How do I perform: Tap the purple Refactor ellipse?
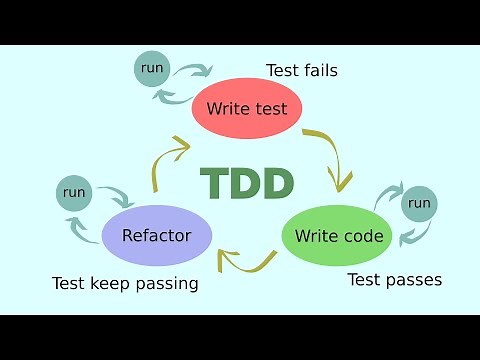click(x=158, y=237)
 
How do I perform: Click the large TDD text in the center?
click(x=247, y=183)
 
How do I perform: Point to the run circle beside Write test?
click(x=153, y=68)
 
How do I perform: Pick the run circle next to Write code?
click(x=420, y=204)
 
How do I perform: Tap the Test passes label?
click(x=394, y=279)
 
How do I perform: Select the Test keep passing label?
click(x=125, y=283)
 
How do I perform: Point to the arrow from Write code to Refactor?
click(x=246, y=262)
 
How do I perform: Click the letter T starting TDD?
click(x=213, y=183)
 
